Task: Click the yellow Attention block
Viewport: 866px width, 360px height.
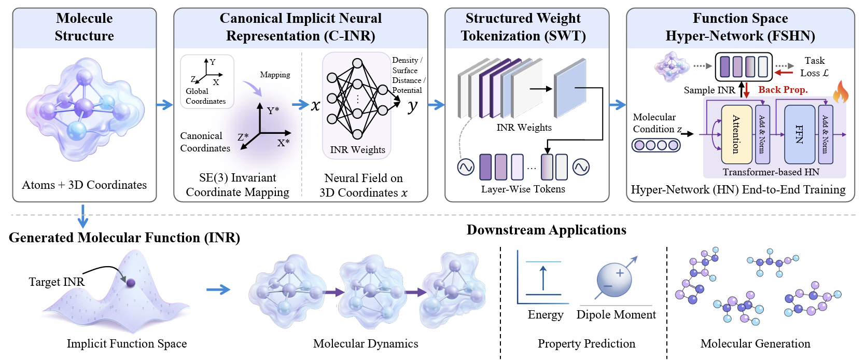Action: tap(736, 134)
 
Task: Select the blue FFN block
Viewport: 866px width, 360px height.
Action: tap(799, 134)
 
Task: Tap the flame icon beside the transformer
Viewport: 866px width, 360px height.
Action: tap(841, 92)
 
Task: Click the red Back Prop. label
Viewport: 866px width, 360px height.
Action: tap(783, 90)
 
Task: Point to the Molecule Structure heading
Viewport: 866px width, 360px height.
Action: tap(85, 27)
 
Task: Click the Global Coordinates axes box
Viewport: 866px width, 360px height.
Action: tap(207, 81)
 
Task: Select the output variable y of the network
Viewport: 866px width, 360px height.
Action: tap(412, 106)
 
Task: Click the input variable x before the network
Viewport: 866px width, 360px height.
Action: tap(315, 105)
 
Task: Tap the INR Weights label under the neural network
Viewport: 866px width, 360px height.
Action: tap(357, 150)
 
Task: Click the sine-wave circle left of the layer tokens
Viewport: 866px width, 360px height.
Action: tap(466, 167)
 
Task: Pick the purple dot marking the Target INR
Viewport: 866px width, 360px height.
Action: tap(131, 283)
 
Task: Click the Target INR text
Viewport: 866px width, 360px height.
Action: tap(57, 282)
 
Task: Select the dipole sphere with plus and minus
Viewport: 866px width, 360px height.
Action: tap(614, 280)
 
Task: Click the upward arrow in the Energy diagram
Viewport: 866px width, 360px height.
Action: tap(543, 278)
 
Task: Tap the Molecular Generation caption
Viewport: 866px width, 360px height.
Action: tap(755, 343)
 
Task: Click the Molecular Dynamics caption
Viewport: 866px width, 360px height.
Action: tap(365, 343)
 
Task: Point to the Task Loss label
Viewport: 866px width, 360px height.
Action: tap(814, 67)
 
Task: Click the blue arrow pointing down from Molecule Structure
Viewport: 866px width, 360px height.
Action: tap(82, 216)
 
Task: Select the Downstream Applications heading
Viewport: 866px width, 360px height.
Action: tap(546, 230)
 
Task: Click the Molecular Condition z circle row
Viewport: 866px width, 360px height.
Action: tap(655, 145)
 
